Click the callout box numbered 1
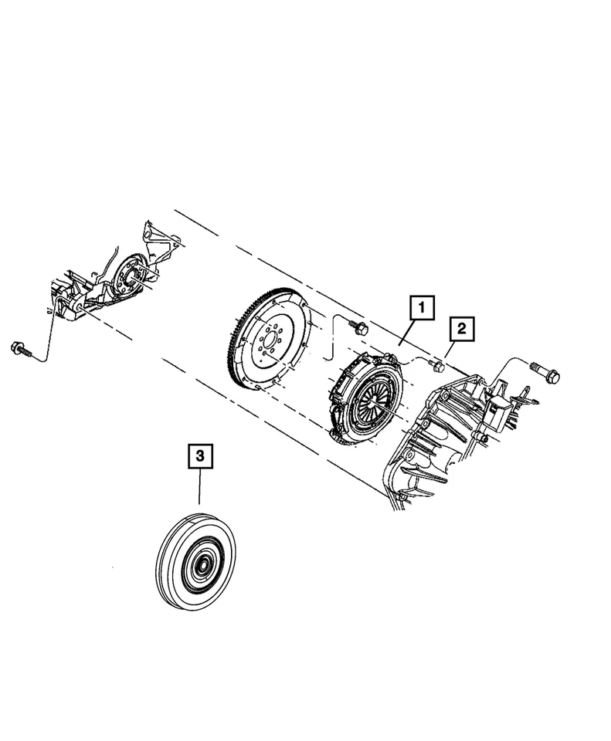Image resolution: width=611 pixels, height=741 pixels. pos(422,309)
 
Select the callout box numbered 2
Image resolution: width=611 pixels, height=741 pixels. pos(461,330)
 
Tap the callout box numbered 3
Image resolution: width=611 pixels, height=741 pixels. pos(199,457)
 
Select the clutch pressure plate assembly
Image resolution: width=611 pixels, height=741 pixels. pos(364,398)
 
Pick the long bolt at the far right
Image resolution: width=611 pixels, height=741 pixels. pos(545,373)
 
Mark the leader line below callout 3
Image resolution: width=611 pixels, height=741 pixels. pos(199,490)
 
